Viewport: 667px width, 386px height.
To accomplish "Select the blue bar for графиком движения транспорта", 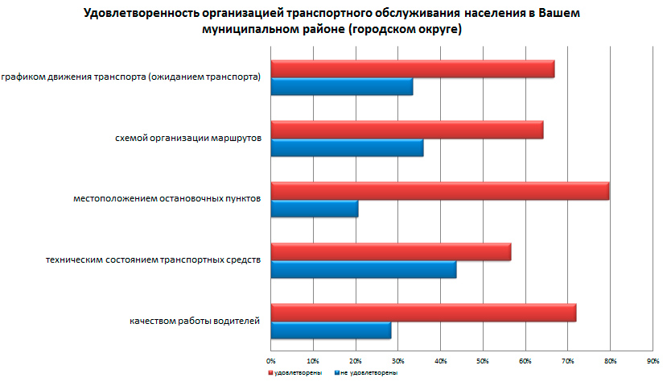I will coord(342,87).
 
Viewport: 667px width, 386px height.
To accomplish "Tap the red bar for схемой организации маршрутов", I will coord(406,130).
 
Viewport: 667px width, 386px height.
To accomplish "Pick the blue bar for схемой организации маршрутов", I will coord(347,148).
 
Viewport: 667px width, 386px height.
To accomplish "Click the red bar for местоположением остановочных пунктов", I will coord(439,191).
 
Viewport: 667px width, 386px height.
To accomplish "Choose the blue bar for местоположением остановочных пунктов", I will coord(315,210).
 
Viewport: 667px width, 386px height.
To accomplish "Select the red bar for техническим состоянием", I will coord(390,251).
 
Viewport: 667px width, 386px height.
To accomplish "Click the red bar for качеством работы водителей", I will coord(423,313).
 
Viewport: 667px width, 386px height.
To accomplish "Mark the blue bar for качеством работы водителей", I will coord(331,330).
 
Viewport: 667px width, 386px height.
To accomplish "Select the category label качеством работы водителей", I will coord(195,322).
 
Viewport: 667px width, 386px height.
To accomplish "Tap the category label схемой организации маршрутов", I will coord(188,139).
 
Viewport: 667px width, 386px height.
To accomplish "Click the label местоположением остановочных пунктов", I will coord(166,200).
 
